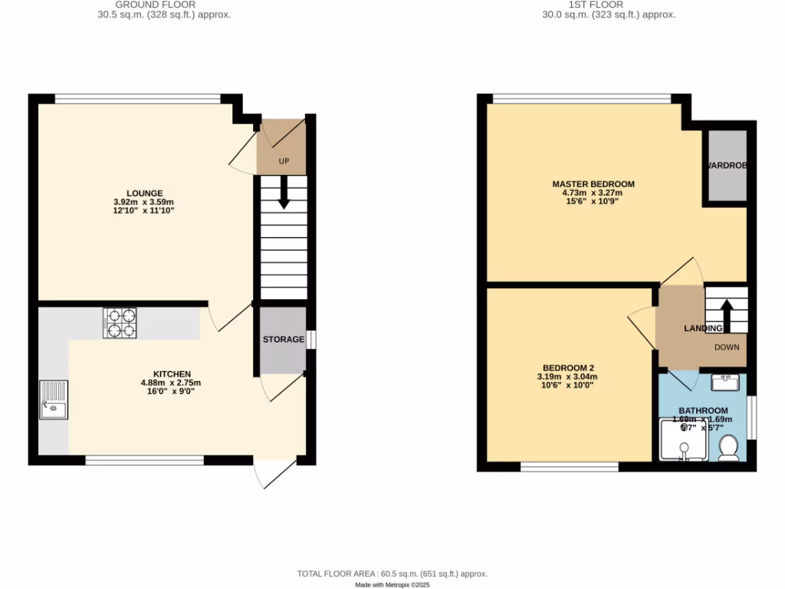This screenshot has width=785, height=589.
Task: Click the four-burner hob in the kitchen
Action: (120, 323)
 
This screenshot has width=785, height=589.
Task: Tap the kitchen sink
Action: (54, 400)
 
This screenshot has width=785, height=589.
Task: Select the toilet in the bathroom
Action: (729, 448)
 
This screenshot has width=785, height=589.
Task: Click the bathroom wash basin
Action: (724, 381)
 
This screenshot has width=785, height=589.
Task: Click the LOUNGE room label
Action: (145, 192)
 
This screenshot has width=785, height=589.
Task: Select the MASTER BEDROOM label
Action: (593, 184)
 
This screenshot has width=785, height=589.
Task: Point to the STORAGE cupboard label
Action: (284, 340)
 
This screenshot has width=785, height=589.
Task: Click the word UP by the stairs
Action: (284, 162)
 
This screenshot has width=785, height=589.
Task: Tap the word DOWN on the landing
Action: (727, 347)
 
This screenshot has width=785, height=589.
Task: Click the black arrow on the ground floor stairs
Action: (284, 192)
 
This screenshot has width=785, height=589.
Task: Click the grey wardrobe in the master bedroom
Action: (727, 166)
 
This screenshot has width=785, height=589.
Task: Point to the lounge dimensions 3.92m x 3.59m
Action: (145, 202)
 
